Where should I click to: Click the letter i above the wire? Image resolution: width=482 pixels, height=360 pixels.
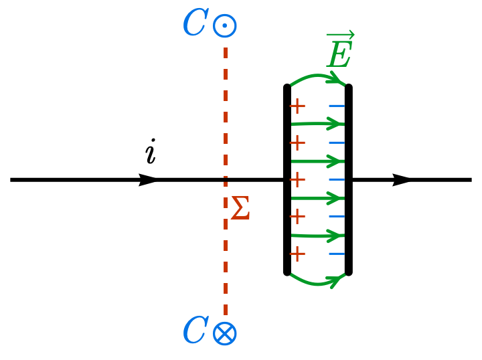click(x=151, y=153)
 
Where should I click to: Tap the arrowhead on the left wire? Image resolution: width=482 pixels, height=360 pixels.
click(x=149, y=180)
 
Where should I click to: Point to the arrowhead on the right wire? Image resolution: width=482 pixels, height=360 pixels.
click(x=402, y=180)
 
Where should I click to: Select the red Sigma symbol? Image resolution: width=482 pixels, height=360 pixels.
click(x=240, y=209)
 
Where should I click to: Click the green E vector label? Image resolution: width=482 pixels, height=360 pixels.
click(x=339, y=54)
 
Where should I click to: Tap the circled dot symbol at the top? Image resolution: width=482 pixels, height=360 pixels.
click(x=225, y=26)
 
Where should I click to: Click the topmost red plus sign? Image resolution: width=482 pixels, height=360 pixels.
click(x=297, y=106)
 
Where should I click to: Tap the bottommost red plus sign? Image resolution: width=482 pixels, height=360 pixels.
click(x=297, y=254)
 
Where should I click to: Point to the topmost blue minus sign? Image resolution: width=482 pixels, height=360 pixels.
click(x=337, y=106)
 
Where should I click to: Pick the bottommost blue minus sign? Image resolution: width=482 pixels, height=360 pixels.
click(x=337, y=254)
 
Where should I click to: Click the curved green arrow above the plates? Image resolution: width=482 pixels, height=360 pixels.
click(x=318, y=78)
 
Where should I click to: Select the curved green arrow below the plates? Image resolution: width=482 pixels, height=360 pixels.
click(x=318, y=283)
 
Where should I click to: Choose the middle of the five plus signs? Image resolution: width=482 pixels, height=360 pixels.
click(x=297, y=180)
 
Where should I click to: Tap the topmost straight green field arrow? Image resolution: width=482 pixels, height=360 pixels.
click(x=318, y=123)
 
